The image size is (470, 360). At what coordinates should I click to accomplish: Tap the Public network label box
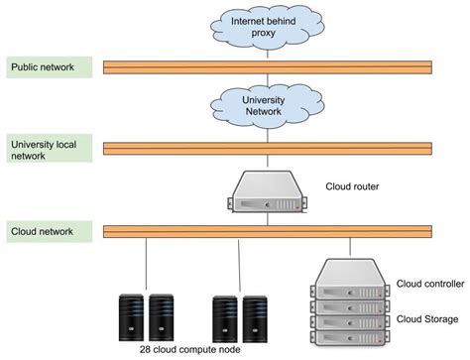pyautogui.click(x=51, y=67)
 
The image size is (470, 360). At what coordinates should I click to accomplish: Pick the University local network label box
pyautogui.click(x=51, y=149)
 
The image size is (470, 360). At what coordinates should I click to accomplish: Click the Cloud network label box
pyautogui.click(x=51, y=231)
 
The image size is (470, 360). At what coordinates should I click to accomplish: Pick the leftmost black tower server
pyautogui.click(x=131, y=314)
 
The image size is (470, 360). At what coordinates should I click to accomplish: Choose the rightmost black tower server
pyautogui.click(x=256, y=314)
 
